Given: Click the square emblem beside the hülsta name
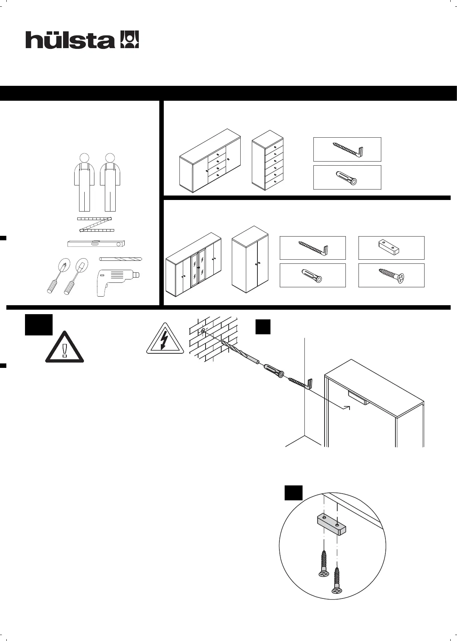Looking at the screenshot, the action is coord(129,40).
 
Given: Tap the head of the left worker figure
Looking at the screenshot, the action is coord(85,158).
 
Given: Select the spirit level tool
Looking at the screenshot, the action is coord(96,244).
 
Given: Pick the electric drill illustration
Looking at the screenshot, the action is coord(116,282).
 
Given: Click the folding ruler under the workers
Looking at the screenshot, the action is coord(96,224).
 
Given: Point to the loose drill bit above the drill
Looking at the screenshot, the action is coord(121,259).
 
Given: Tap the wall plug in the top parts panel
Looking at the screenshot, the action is coord(347,178).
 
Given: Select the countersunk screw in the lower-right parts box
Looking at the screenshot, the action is coord(391,275).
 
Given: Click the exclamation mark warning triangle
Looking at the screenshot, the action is coord(65,348).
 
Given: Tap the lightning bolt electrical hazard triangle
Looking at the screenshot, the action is coord(165,340).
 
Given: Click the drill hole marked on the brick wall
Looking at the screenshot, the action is coord(202,331).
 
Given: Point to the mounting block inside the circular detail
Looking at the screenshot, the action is coord(331,525).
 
